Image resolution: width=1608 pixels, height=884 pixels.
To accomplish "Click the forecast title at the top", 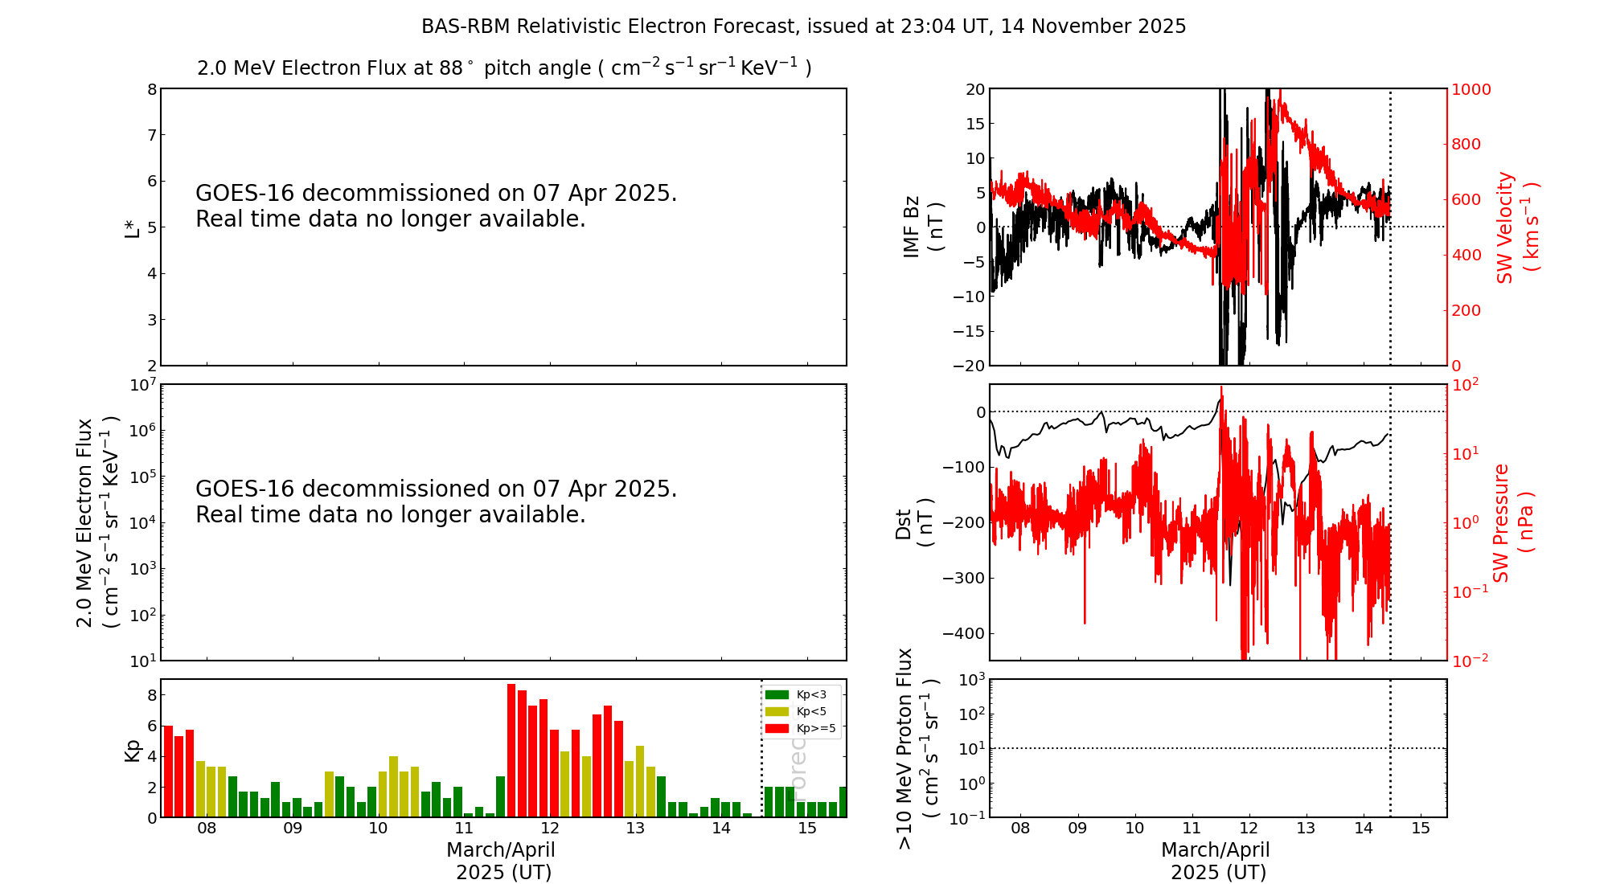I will [803, 27].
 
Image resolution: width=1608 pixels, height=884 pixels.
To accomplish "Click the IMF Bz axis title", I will [922, 227].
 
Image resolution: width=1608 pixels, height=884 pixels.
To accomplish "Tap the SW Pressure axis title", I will [1512, 522].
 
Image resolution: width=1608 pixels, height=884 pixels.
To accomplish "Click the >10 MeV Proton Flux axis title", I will [917, 748].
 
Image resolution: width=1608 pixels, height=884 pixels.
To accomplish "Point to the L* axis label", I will [132, 227].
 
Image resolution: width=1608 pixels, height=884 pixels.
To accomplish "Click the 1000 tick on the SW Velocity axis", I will [1471, 89].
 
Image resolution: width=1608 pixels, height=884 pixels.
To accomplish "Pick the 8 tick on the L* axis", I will [151, 89].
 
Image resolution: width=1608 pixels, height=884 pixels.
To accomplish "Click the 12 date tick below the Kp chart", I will [550, 829].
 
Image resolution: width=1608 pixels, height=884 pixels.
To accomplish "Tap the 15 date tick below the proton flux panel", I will [1421, 829].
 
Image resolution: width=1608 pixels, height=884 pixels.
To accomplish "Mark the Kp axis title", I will [132, 749].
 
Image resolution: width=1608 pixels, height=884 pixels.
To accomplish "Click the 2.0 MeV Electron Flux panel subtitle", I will [504, 68].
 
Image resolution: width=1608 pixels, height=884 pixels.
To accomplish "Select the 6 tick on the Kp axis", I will [151, 726].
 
